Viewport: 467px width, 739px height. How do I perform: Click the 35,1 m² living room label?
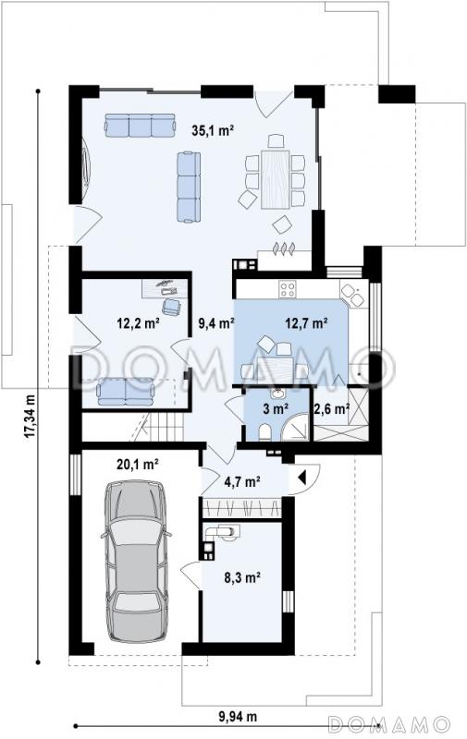213,130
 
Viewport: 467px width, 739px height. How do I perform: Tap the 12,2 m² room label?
137,322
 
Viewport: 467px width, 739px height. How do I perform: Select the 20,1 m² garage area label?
137,465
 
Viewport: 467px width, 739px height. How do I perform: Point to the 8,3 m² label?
243,576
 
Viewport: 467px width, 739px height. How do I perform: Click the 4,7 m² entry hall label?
242,482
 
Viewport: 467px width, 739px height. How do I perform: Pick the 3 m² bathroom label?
276,408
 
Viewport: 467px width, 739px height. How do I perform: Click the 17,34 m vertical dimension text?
31,416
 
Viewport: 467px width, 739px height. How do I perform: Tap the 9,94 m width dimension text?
238,717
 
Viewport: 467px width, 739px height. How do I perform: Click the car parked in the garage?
136,561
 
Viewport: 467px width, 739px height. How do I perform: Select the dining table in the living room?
276,178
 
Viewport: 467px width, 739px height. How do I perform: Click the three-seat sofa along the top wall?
141,125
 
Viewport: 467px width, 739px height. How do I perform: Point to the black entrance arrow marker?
302,478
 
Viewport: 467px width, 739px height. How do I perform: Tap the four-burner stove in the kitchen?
288,289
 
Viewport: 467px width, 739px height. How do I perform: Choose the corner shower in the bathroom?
295,427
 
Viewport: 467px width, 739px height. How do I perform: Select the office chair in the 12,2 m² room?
171,307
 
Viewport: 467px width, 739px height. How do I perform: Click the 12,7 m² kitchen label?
307,322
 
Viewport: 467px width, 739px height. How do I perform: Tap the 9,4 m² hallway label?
215,323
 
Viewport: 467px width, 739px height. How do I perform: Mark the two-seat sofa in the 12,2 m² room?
126,393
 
